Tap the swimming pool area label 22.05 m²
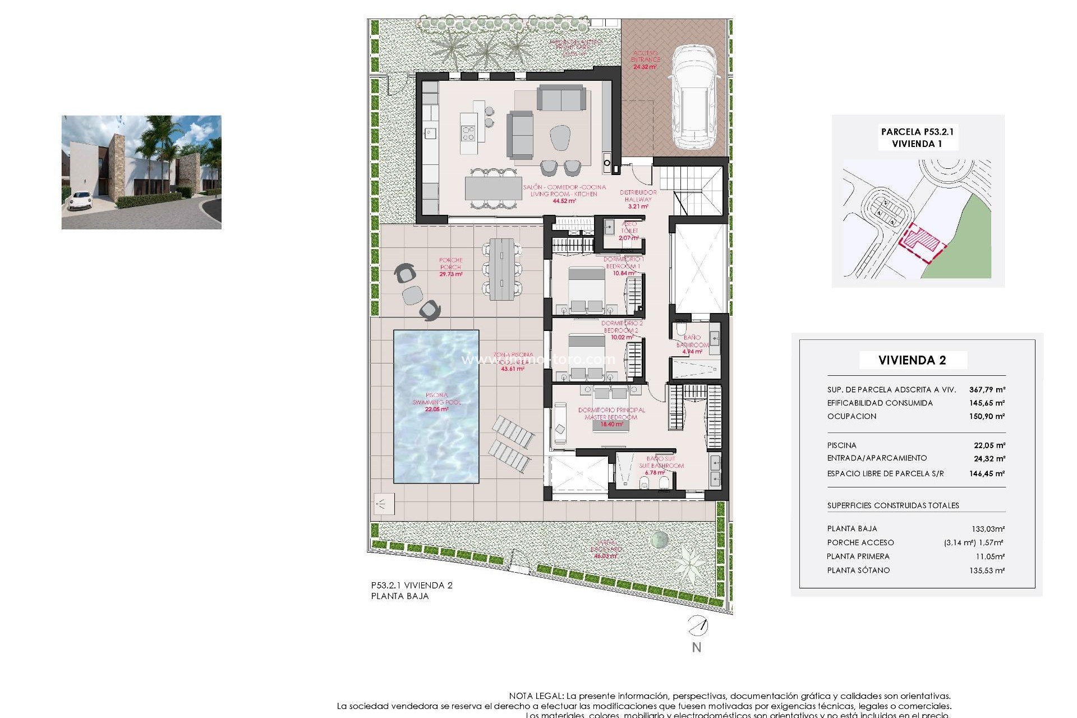pos(436,409)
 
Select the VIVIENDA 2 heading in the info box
pos(912,360)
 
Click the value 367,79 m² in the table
pos(987,389)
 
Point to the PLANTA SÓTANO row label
pos(858,570)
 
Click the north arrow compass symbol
pos(698,625)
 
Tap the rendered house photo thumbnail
pos(141,172)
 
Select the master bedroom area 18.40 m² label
pos(611,425)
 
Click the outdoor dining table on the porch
pos(501,269)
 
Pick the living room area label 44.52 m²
pos(564,201)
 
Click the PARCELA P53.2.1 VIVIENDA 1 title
pos(917,137)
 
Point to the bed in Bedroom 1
pos(587,289)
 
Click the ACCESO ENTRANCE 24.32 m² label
pos(645,60)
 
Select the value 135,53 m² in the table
pos(989,570)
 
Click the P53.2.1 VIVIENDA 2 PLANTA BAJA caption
pos(411,591)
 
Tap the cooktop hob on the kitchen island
pos(468,134)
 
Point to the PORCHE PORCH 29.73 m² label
pos(450,267)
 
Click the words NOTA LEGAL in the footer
pos(536,696)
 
